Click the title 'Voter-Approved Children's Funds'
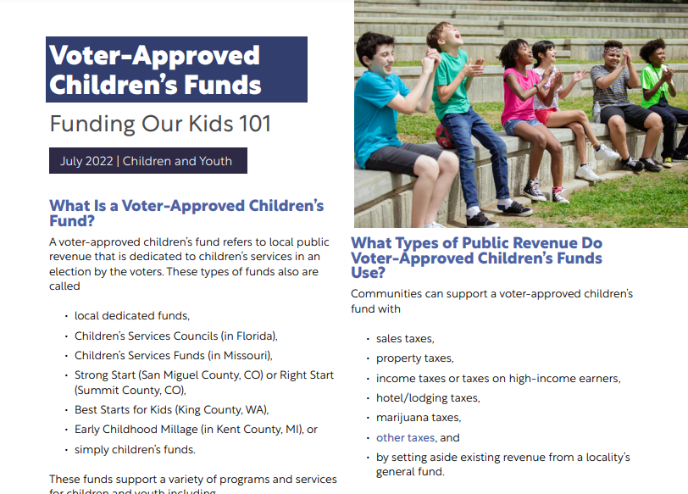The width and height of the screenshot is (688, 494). click(x=155, y=69)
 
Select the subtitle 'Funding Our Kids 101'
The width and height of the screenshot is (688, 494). click(x=160, y=124)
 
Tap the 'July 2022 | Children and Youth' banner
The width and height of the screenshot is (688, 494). click(x=146, y=161)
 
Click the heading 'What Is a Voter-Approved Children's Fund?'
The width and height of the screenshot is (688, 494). click(x=186, y=213)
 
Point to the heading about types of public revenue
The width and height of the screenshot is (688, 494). click(x=476, y=258)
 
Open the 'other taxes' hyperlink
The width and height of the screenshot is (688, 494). click(x=405, y=438)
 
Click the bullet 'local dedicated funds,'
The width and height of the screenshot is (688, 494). click(x=131, y=316)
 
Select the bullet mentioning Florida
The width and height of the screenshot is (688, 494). click(x=175, y=336)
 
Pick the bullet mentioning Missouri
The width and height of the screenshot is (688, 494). click(x=173, y=355)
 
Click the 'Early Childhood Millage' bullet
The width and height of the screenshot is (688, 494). click(x=196, y=430)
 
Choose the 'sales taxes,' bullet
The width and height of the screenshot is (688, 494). click(x=405, y=338)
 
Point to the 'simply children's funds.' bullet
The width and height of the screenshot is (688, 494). click(x=135, y=450)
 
